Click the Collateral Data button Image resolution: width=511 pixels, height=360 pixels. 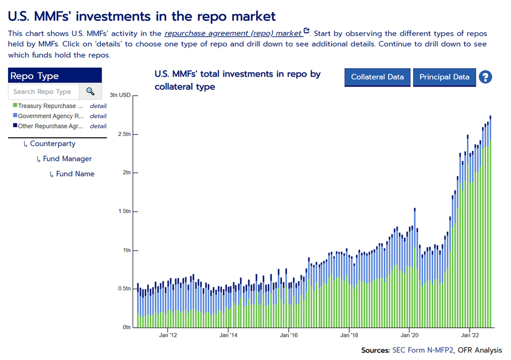(x=377, y=77)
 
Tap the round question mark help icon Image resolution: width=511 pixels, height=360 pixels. (x=485, y=77)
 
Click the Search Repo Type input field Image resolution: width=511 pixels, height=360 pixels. (x=43, y=92)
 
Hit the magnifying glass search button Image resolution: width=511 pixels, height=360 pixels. (x=90, y=92)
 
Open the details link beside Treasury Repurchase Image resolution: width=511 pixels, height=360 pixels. (x=98, y=106)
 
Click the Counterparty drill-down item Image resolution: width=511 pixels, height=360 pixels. (x=52, y=144)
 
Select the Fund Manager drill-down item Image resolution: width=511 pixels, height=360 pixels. (x=67, y=159)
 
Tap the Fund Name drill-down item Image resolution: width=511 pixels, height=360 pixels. (x=75, y=174)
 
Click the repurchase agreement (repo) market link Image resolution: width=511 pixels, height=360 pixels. (x=233, y=33)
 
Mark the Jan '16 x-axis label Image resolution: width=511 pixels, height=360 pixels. (x=289, y=336)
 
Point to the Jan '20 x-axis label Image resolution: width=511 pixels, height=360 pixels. (x=409, y=336)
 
